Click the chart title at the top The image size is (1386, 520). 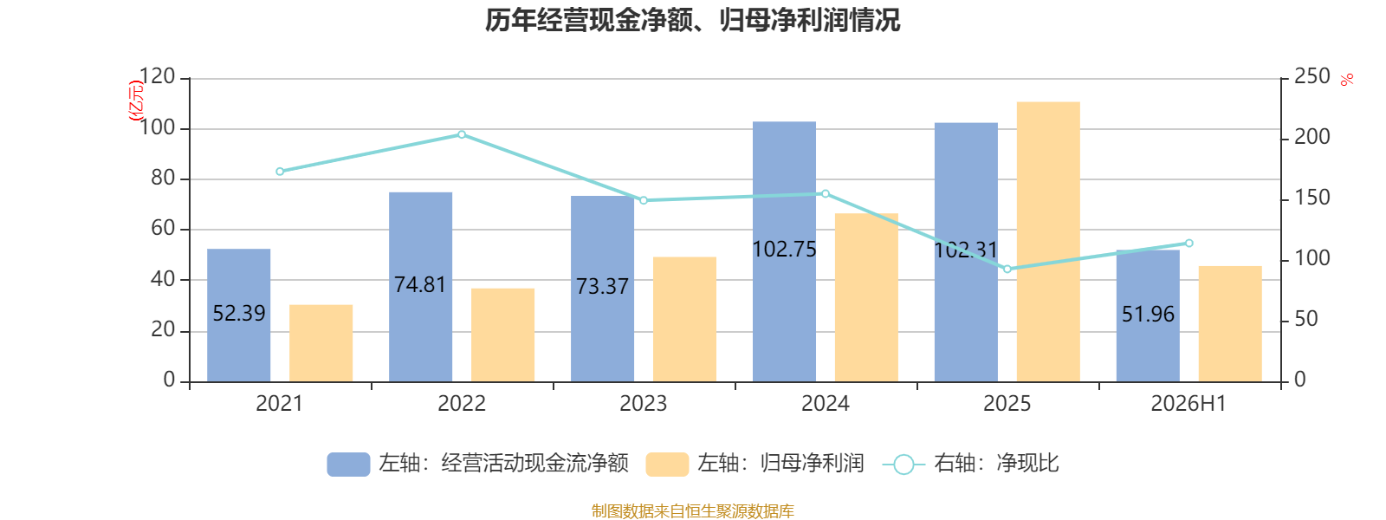tap(692, 21)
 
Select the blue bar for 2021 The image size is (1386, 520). tap(239, 315)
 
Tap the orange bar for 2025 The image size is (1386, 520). tap(1048, 242)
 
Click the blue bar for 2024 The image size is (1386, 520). tap(784, 251)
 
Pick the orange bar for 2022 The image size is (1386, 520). tap(502, 335)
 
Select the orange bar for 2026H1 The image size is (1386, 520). tap(1230, 324)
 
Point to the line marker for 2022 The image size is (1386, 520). tap(462, 135)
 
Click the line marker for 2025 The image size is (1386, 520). tap(1007, 270)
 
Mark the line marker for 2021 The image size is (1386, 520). tap(280, 172)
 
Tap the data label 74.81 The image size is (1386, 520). tap(420, 285)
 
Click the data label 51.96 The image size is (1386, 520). tap(1148, 315)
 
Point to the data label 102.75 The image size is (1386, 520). tap(784, 250)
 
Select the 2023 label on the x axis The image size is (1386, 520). tap(644, 404)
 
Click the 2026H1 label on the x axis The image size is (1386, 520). tap(1188, 404)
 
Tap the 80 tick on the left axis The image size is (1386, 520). tap(163, 179)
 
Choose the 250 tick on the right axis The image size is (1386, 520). tap(1312, 77)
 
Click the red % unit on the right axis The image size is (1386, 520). tap(1346, 80)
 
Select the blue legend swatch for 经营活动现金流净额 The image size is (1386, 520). tap(348, 465)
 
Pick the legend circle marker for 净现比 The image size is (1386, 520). tap(903, 465)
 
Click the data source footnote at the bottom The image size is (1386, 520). tap(692, 510)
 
